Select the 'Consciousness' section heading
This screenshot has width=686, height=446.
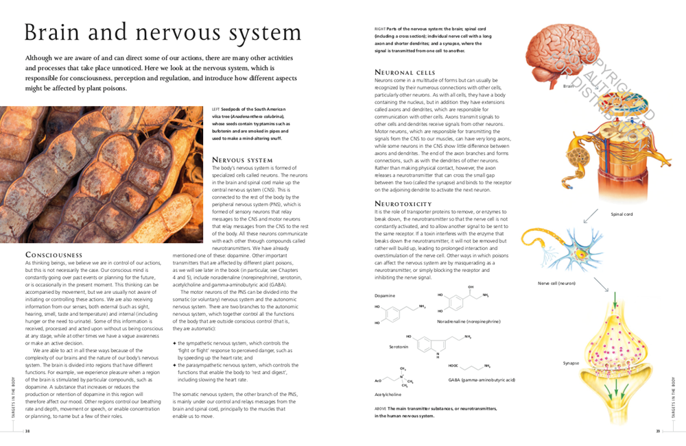click(54, 255)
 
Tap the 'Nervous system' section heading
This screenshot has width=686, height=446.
click(243, 160)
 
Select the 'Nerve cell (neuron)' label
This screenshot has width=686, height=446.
click(556, 282)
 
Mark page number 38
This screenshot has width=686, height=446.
click(27, 431)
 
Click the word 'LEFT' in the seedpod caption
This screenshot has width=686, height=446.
click(216, 110)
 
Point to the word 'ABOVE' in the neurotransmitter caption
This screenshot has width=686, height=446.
click(381, 408)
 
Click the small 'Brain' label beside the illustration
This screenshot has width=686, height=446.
click(568, 86)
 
